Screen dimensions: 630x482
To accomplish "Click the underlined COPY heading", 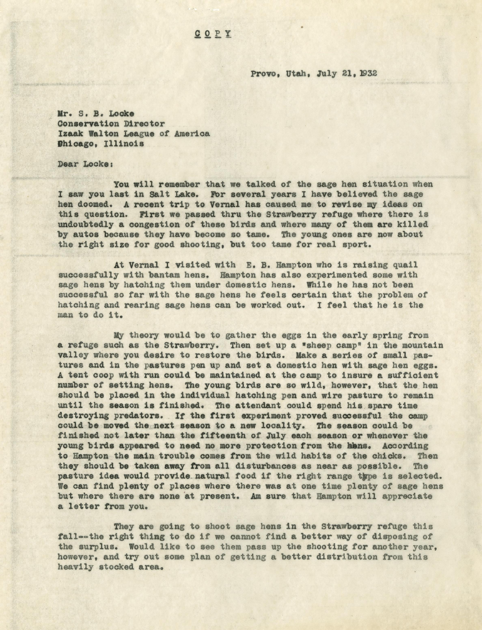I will coord(213,34).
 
